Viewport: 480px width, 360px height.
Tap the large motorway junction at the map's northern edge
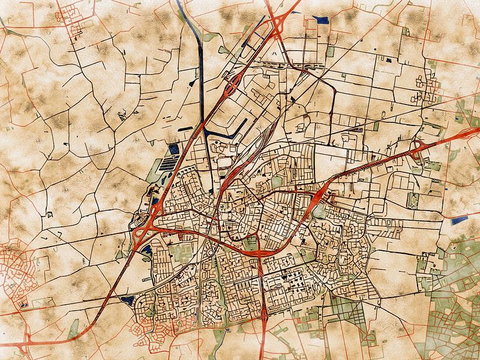pos(278,24)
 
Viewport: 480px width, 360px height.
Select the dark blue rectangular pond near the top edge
pos(322,20)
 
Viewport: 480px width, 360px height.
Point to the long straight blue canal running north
pos(200,72)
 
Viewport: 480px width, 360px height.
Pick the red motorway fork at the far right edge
pos(468,133)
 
